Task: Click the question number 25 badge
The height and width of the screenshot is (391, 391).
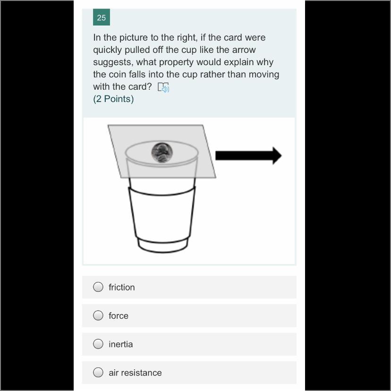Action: click(x=101, y=17)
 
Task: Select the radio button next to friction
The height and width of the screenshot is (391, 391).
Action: click(x=98, y=287)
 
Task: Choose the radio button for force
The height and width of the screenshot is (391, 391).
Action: click(x=98, y=315)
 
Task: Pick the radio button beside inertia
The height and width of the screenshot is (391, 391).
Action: click(x=98, y=344)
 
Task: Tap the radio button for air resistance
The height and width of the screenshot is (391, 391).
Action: click(x=98, y=372)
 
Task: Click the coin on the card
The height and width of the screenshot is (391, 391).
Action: click(x=162, y=153)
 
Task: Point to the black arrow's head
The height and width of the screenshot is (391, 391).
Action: click(x=277, y=156)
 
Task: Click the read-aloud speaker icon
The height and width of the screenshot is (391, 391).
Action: click(x=163, y=87)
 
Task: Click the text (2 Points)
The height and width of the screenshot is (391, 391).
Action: click(x=113, y=99)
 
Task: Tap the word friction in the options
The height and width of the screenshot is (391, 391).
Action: click(x=122, y=287)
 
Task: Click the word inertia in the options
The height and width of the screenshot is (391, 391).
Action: click(x=121, y=344)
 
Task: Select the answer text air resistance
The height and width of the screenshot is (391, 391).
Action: click(x=135, y=373)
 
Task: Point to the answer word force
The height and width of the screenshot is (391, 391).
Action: click(x=119, y=316)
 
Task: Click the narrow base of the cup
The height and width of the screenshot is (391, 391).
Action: click(x=163, y=246)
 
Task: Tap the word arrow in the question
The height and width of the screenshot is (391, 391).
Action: click(x=244, y=50)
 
